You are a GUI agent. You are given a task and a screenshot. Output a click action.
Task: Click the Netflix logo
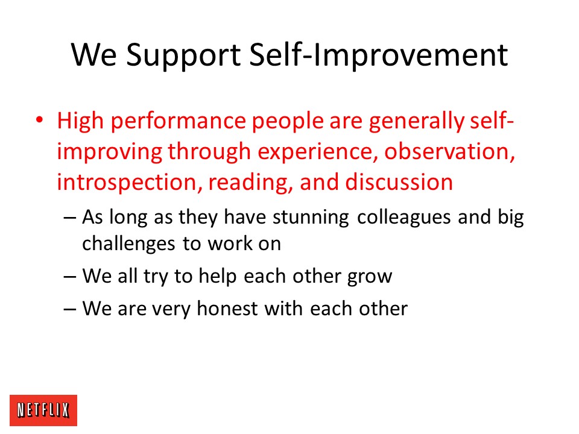point(43,410)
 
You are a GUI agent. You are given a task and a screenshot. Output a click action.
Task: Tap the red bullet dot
point(40,120)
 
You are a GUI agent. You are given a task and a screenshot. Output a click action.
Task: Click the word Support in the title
point(183,55)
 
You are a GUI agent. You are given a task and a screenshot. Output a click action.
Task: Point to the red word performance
point(179,122)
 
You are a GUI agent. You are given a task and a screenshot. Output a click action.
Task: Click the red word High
point(80,121)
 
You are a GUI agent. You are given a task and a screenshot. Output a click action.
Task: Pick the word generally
point(416,121)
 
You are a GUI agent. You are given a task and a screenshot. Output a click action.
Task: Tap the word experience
point(317,153)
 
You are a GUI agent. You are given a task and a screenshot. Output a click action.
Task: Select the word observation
point(449,152)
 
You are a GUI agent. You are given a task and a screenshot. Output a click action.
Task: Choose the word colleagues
point(404,217)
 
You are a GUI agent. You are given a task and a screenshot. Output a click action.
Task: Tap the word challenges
point(128,244)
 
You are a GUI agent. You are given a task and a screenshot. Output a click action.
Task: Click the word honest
point(227,308)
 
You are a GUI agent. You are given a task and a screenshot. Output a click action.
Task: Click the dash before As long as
point(70,218)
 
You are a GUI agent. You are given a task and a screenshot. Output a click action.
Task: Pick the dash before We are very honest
point(70,309)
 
